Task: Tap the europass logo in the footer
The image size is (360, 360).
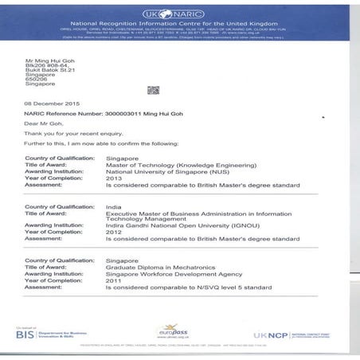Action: [173, 330]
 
